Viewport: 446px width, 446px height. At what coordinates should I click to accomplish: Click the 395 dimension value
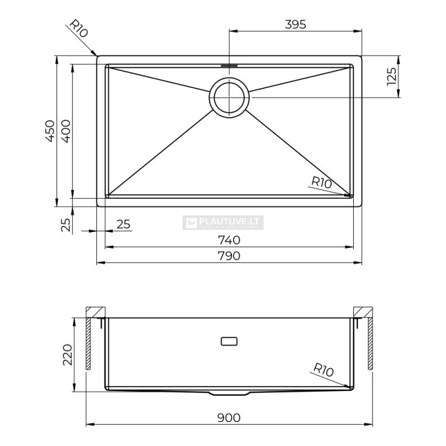click(295, 25)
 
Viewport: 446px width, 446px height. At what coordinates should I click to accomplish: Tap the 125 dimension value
click(392, 76)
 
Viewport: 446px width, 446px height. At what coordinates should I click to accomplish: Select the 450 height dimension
click(50, 131)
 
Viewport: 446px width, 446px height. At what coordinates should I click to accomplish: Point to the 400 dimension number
click(65, 131)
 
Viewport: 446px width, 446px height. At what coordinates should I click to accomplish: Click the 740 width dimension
click(229, 240)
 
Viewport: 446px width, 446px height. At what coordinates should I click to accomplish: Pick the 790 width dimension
click(229, 256)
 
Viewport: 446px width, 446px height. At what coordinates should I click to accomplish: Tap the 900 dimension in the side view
click(229, 418)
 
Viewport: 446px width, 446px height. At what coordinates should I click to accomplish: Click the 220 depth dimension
click(67, 354)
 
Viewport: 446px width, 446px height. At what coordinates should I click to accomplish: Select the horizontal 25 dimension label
click(123, 224)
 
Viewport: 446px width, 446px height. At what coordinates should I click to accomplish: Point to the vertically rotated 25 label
click(65, 225)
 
